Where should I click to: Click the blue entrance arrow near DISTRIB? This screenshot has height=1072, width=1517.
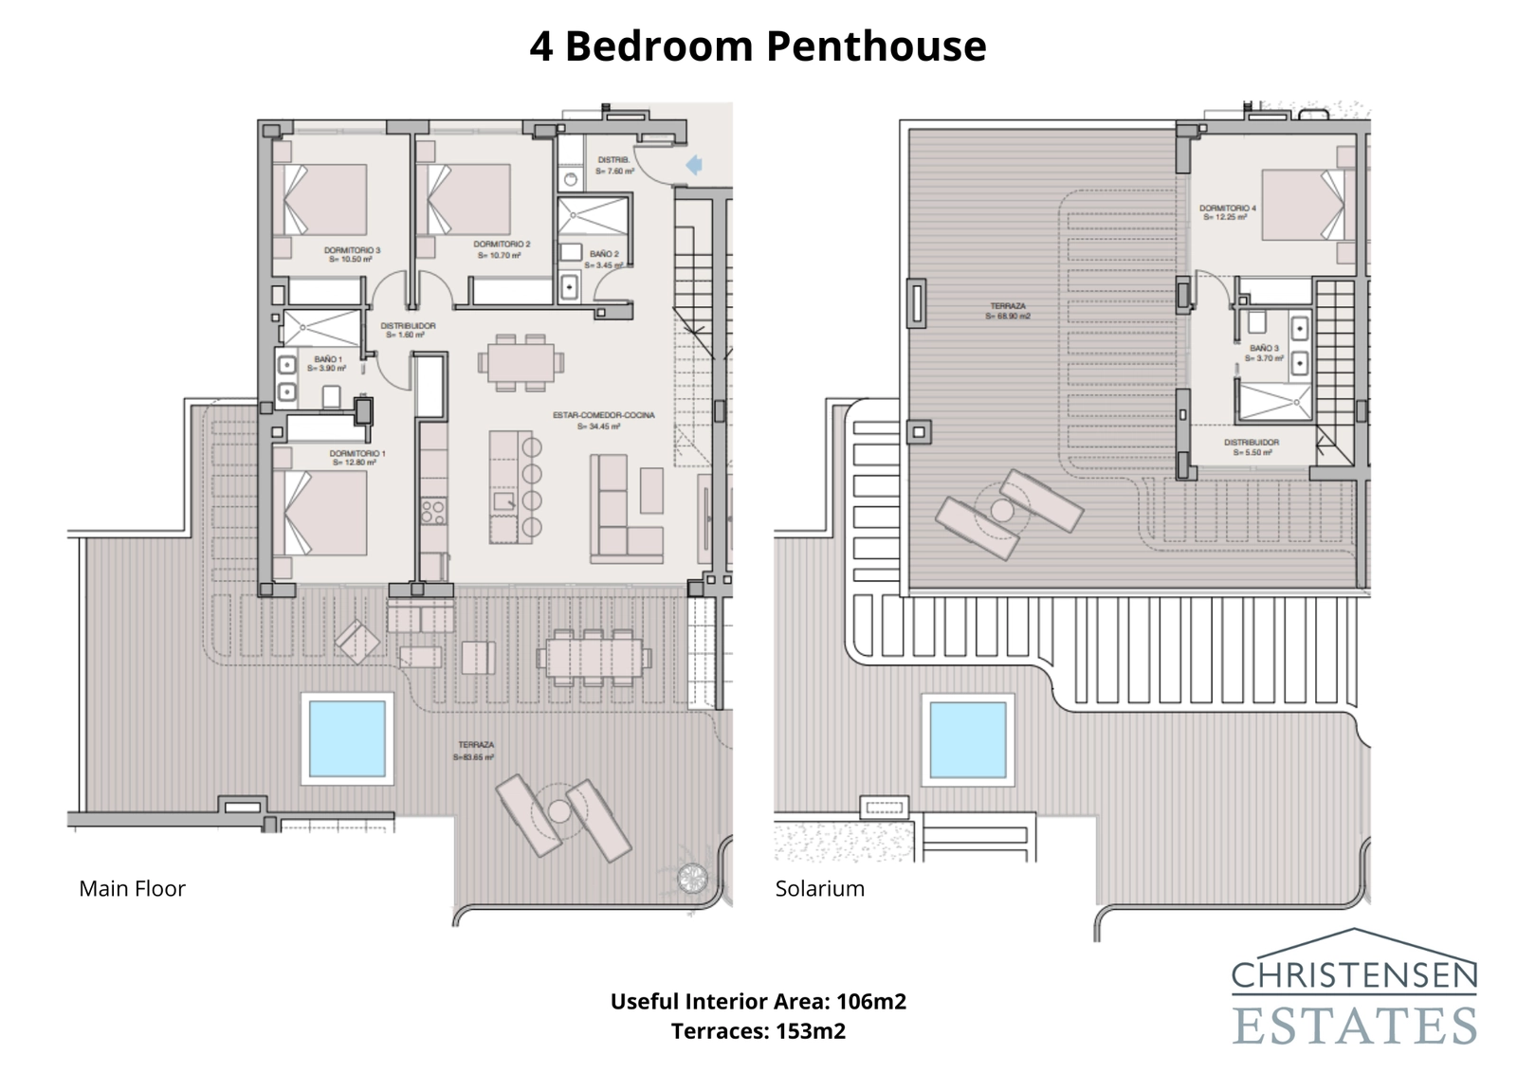click(x=693, y=165)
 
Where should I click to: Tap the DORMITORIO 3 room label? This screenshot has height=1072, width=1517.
click(x=352, y=254)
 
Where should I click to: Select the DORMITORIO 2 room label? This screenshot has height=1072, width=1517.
click(x=502, y=249)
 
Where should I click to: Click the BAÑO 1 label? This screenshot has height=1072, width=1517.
click(x=329, y=363)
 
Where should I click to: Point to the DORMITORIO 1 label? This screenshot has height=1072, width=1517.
click(x=356, y=458)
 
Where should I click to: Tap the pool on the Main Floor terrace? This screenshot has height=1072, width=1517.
click(x=347, y=738)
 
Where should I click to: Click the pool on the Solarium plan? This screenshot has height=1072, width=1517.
click(x=967, y=739)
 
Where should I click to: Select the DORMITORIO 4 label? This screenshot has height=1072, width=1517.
click(x=1227, y=212)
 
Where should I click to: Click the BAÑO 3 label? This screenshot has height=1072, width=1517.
click(x=1265, y=353)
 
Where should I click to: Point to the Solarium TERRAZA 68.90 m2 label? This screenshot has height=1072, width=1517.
click(x=1008, y=311)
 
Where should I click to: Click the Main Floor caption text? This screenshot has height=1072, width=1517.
click(x=132, y=888)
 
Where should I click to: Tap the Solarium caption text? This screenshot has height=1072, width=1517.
click(x=819, y=888)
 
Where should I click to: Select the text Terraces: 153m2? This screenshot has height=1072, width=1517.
click(x=758, y=1030)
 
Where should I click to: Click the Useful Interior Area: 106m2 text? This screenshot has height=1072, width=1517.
click(x=758, y=1001)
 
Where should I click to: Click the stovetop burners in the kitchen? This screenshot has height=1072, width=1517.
click(x=433, y=513)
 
